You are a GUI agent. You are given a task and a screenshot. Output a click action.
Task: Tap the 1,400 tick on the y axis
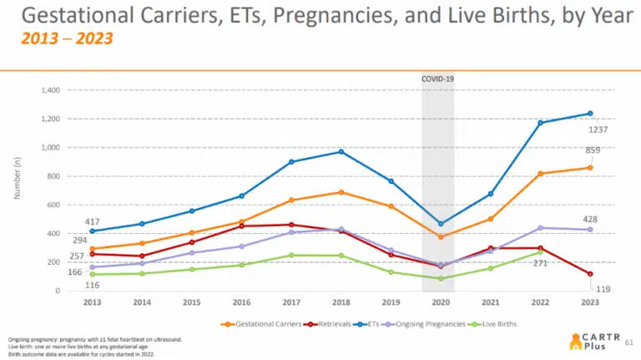48,89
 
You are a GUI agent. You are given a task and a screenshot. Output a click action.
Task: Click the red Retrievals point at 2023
590,274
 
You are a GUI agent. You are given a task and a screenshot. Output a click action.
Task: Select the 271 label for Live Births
539,263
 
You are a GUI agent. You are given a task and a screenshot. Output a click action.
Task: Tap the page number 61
628,341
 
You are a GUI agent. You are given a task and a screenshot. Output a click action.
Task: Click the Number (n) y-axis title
17,183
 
